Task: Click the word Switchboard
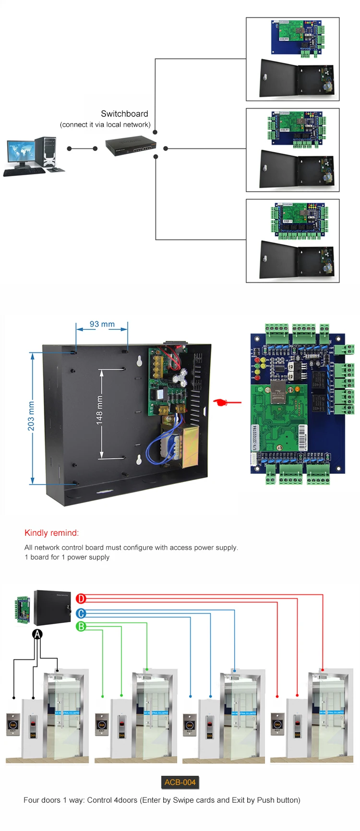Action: [x=124, y=114]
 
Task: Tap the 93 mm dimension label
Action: [x=102, y=324]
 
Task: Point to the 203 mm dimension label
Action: [x=31, y=416]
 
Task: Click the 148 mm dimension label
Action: [x=99, y=410]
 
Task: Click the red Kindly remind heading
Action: [x=51, y=533]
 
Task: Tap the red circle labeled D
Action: [x=81, y=598]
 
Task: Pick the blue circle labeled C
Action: [x=81, y=613]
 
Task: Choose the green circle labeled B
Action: [x=81, y=626]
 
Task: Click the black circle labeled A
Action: [x=37, y=634]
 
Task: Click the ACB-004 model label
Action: [x=180, y=782]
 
